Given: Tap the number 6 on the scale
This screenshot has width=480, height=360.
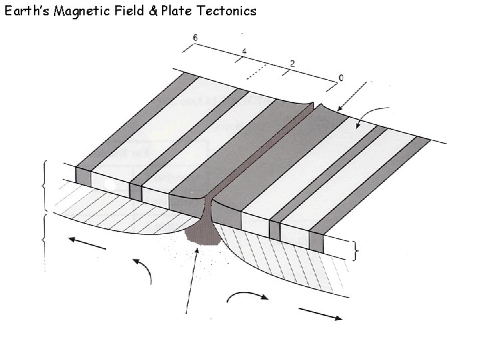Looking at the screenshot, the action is [195, 37].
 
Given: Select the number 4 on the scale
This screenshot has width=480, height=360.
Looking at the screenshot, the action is [245, 51].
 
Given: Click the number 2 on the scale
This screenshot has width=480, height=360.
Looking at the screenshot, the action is [292, 63].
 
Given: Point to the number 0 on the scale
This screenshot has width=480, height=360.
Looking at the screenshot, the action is [341, 79].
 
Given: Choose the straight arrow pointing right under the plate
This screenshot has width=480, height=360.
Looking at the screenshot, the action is [320, 314].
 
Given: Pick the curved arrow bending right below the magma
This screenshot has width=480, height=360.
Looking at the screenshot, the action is [250, 295].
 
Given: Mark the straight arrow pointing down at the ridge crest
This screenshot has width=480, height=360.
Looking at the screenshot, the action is [353, 95].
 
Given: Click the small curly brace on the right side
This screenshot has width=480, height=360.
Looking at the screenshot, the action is [357, 251].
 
